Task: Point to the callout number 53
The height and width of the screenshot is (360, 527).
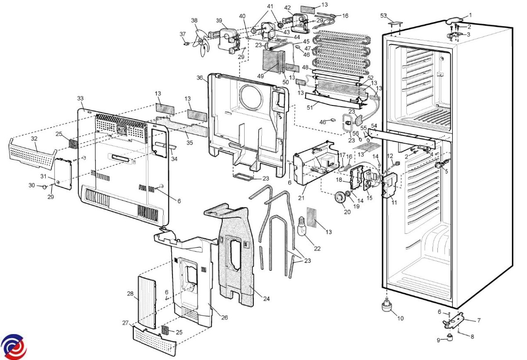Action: pyautogui.click(x=384, y=16)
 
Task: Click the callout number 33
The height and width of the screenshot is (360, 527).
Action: pyautogui.click(x=80, y=98)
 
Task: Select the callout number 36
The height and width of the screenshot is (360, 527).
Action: pyautogui.click(x=200, y=78)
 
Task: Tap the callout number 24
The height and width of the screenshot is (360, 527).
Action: pyautogui.click(x=266, y=299)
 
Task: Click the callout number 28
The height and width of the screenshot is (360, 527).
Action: pyautogui.click(x=130, y=293)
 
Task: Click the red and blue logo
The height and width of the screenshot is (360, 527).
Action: pyautogui.click(x=13, y=346)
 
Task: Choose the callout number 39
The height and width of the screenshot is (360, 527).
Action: pyautogui.click(x=219, y=21)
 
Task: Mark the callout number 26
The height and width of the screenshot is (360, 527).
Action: pyautogui.click(x=224, y=317)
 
